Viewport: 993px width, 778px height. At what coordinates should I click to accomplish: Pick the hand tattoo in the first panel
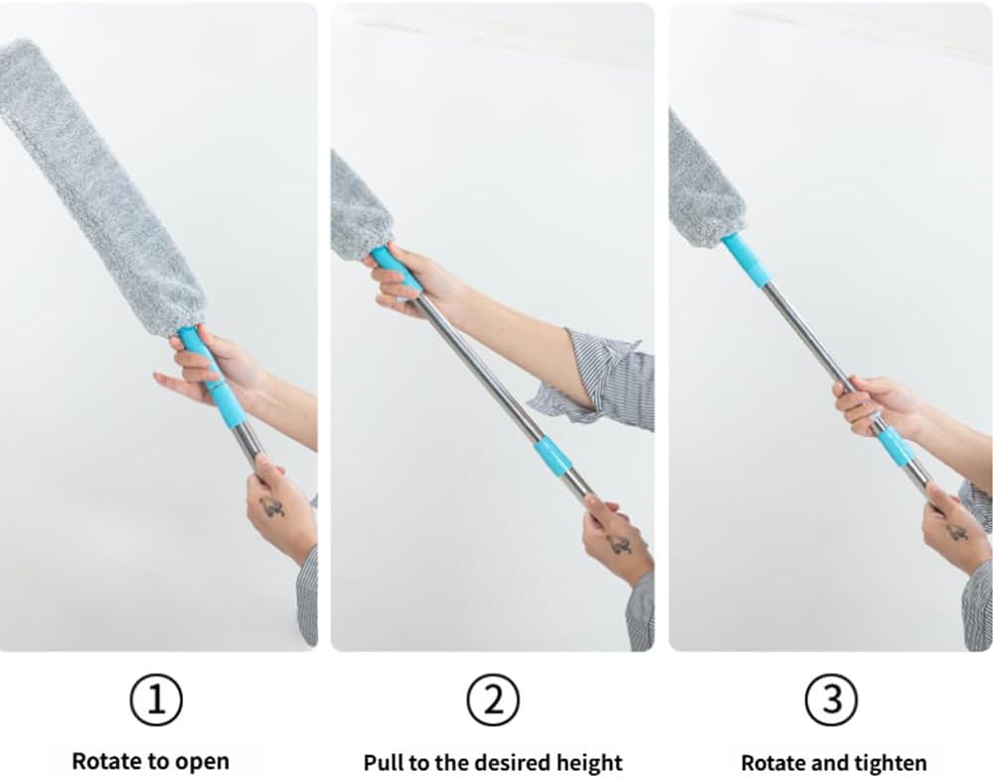tap(272, 506)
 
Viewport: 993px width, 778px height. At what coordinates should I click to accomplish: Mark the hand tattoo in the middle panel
tap(619, 543)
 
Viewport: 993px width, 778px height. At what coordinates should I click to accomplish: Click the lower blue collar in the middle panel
tap(553, 455)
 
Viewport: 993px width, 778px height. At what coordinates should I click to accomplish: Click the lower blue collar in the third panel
tap(897, 447)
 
